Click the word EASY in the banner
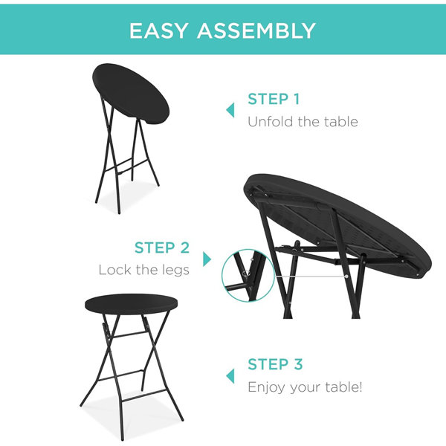coord(158,30)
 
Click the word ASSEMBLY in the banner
coord(256,30)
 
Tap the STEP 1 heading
coord(274,99)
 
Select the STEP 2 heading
coord(162,248)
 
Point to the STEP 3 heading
coord(275,364)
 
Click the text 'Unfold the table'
coord(303,121)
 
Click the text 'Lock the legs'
coord(144,270)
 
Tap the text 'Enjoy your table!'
coord(305,387)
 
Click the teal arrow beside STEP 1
coord(230,110)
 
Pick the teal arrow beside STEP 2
coord(207,259)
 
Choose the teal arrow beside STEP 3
coord(230,375)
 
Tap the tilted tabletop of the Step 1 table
coord(131,94)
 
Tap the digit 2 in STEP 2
coord(184,248)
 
